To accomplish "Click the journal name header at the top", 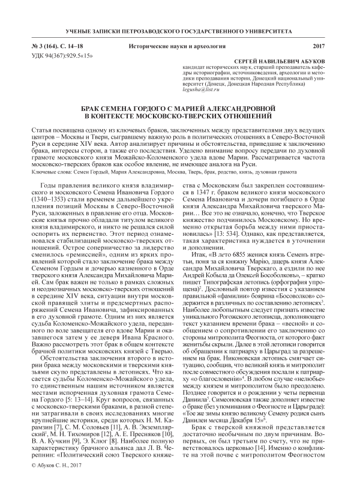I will (x=180, y=31).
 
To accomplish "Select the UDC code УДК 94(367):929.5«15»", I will (x=63, y=55).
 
